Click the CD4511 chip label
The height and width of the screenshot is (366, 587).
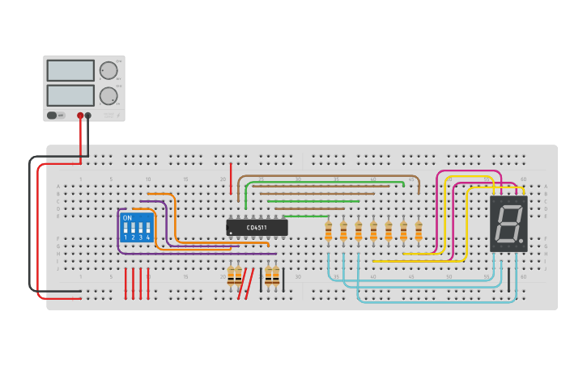pos(257,228)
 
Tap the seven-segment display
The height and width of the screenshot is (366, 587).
pos(508,223)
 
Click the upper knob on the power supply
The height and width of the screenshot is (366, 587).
pos(108,70)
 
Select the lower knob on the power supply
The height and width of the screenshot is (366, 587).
pos(108,96)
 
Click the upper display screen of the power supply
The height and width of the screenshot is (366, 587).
pos(70,70)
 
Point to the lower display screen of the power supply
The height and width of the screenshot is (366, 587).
pos(70,95)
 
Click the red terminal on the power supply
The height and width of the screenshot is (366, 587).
pos(80,116)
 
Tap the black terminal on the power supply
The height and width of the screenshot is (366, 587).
pos(88,116)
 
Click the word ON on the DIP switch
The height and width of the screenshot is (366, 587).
pos(127,218)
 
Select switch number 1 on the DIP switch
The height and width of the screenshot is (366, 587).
pos(125,229)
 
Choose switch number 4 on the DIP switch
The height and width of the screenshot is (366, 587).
pos(147,229)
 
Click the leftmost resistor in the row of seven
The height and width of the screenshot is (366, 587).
pos(328,231)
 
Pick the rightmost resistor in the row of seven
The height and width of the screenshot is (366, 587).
pos(419,231)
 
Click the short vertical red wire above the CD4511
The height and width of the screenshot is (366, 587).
pos(231,174)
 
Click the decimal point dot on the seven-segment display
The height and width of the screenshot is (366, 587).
pos(521,242)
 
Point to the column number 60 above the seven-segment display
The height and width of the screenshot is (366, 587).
pos(523,179)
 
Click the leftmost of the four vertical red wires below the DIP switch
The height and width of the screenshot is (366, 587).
pos(125,284)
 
